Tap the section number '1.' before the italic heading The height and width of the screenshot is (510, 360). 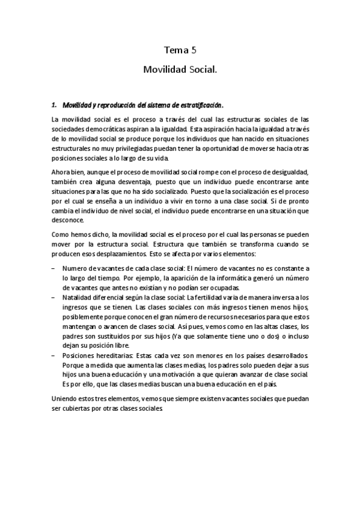tap(55, 104)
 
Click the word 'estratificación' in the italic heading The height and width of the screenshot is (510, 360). tap(203, 104)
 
